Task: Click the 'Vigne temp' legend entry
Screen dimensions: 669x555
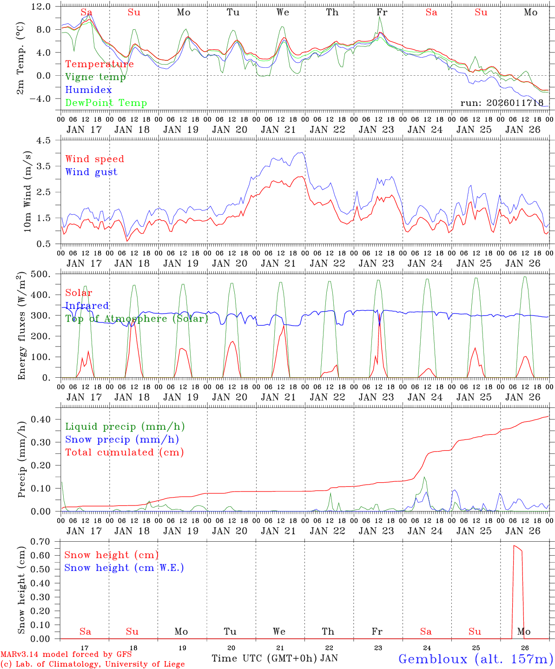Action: (x=95, y=77)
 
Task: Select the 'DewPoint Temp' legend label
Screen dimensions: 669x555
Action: (x=106, y=103)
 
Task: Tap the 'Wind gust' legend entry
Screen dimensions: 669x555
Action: (x=91, y=172)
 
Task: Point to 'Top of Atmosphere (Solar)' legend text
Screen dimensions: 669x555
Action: (x=137, y=319)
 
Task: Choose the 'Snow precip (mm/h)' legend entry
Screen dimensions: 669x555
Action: (x=122, y=439)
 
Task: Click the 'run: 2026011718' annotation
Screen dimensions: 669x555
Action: (x=502, y=103)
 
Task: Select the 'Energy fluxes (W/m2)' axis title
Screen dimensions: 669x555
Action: (x=21, y=327)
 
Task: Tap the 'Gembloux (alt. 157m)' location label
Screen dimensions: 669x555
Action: (x=476, y=659)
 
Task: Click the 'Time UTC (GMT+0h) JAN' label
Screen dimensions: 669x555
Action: (x=275, y=658)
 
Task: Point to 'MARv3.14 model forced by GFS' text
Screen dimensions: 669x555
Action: (x=66, y=655)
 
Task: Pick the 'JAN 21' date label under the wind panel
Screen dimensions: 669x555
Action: (x=278, y=263)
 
